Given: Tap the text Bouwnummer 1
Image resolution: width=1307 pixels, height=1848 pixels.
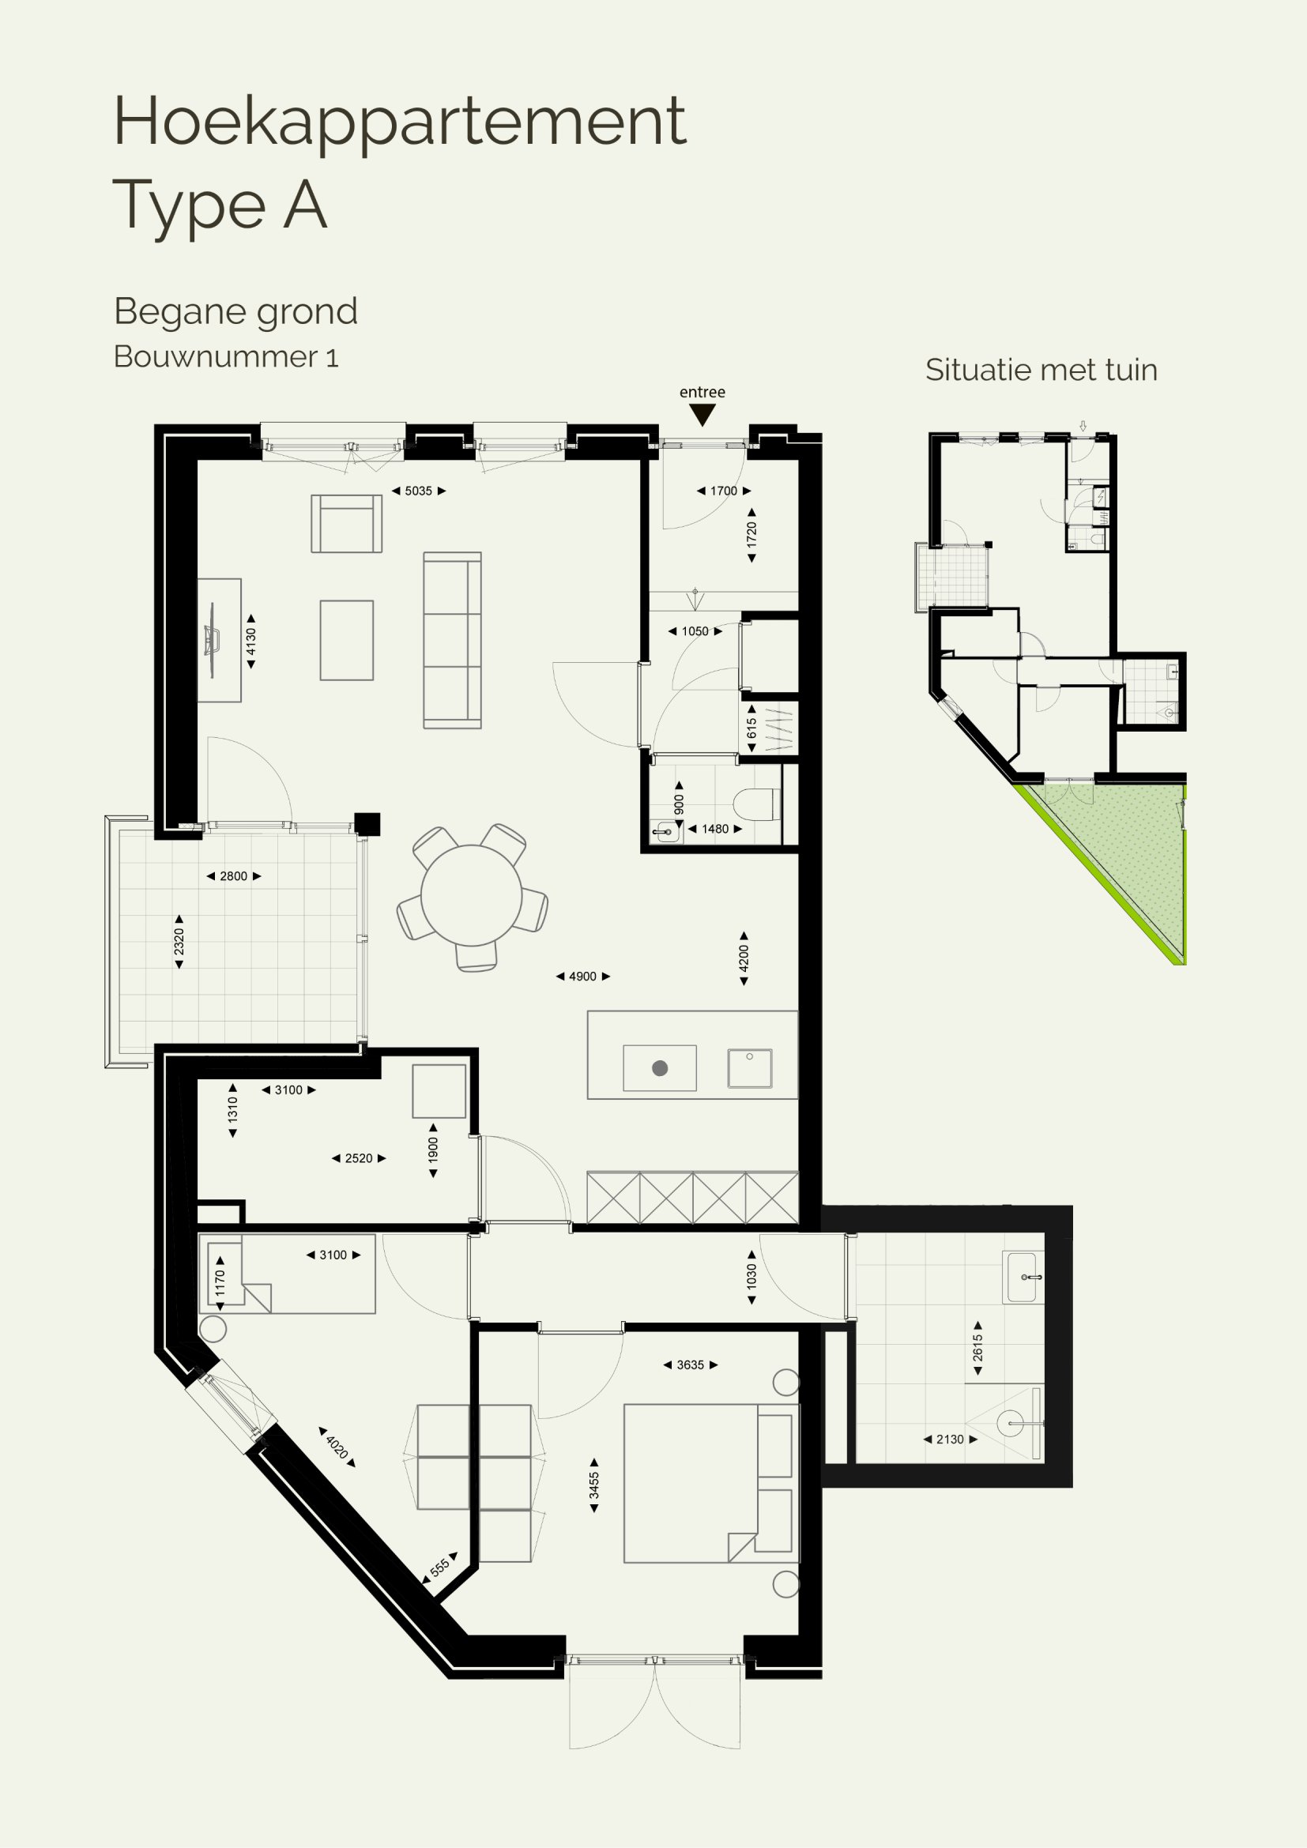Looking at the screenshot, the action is point(226,356).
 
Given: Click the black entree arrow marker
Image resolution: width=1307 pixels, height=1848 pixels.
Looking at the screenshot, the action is point(702,416).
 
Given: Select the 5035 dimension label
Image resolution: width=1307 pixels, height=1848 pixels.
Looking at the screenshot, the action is point(419,491).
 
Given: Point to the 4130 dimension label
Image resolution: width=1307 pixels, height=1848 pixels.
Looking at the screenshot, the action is point(251,642).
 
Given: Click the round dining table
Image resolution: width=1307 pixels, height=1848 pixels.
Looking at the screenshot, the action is point(472,895).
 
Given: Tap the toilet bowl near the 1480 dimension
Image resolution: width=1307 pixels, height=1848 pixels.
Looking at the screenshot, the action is point(755,804).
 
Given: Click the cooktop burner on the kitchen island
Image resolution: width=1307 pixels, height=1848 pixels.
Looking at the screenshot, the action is point(660,1068).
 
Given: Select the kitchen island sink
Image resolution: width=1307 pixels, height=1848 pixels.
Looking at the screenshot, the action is point(749,1068).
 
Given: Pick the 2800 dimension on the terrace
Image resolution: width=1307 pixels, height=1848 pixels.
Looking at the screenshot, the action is point(233,876).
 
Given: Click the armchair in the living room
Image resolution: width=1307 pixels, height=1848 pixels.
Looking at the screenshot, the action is point(346,523).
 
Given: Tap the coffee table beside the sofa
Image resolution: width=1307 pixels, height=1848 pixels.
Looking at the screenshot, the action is point(347,641).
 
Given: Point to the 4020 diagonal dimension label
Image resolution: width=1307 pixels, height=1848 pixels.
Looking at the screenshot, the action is point(337,1448).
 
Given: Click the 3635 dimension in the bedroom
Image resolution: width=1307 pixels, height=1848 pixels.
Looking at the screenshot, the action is point(691,1365).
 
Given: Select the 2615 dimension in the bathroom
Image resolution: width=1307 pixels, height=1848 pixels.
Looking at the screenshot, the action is point(977,1348).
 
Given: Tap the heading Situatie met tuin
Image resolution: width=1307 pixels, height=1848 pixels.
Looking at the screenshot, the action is point(1041,371).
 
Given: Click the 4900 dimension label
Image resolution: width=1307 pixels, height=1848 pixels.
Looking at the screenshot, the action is point(582,977).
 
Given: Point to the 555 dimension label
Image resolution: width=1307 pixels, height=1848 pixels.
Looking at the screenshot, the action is point(439,1568).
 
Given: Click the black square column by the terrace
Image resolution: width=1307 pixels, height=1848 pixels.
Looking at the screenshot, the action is point(367,824).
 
